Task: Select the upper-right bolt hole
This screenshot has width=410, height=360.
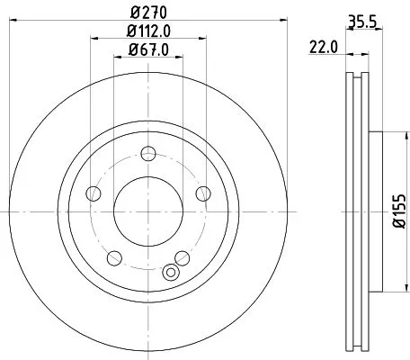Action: tap(202, 193)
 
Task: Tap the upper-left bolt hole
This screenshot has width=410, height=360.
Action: tap(93, 193)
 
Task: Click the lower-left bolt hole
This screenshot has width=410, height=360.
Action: tap(112, 257)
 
